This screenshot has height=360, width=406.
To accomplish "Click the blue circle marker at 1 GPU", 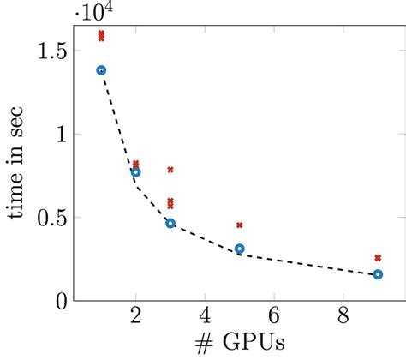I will coord(101,70).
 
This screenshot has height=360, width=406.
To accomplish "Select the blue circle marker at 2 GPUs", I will coord(135,172).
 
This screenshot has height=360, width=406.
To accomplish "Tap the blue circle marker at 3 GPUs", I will coord(170,223).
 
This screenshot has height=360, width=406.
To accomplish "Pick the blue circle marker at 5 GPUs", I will coord(240,249).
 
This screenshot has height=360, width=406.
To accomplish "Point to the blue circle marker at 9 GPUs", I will coord(378,274).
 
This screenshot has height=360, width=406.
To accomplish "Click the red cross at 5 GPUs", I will coord(240,225).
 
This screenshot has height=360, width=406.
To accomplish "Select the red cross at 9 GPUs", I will coord(378,257).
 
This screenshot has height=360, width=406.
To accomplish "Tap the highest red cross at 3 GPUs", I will coord(170,170).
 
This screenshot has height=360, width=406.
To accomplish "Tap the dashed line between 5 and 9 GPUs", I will coord(308,264).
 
